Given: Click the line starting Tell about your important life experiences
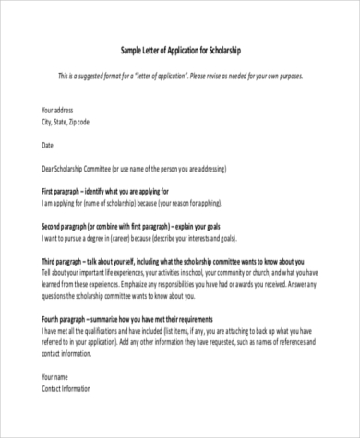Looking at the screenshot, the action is pos(179,274).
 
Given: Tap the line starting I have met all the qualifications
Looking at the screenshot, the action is pos(179,331).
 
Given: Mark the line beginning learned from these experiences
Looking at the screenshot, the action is pos(179,285).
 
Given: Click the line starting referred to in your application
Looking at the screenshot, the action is pos(179,342).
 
